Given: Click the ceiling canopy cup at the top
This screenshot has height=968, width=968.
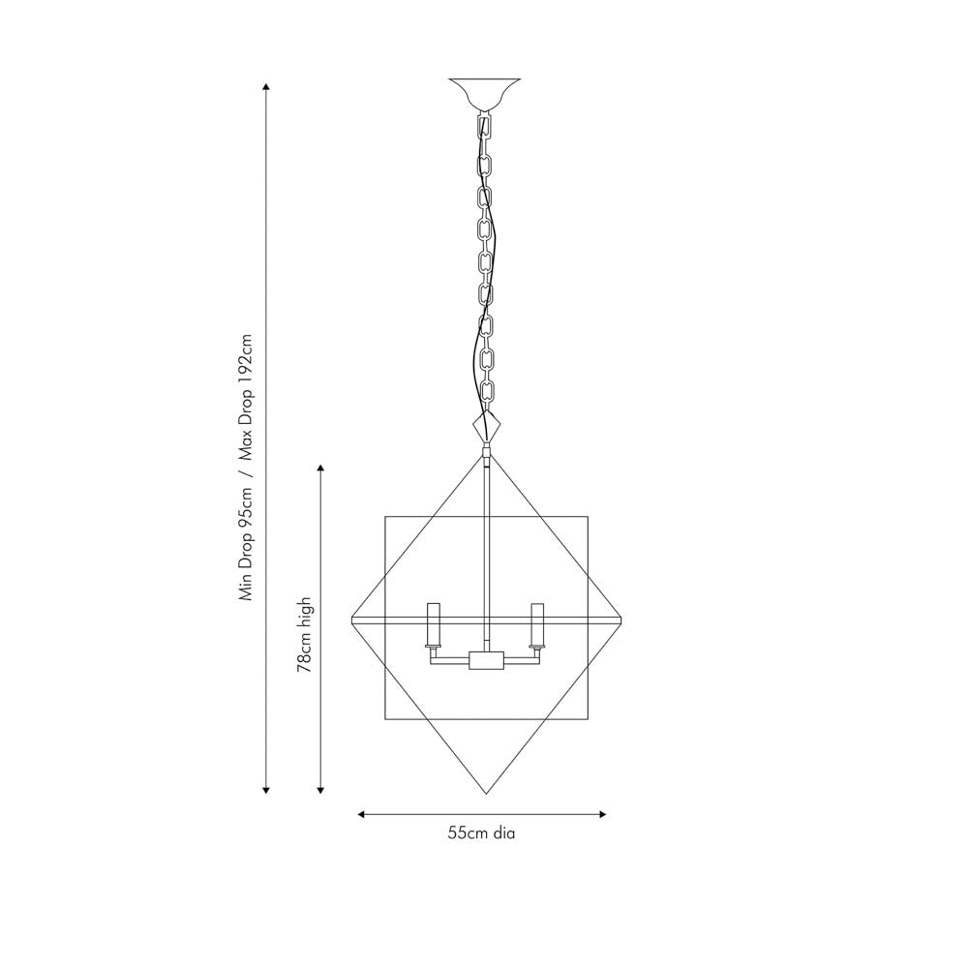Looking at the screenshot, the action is point(485,93).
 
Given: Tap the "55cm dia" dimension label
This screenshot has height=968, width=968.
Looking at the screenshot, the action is point(481,832).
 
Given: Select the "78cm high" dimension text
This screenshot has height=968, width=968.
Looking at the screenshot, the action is point(306,635).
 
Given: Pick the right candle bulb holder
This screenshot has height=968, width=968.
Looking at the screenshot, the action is point(537,624).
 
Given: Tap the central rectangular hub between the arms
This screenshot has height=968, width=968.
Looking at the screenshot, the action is point(486,660).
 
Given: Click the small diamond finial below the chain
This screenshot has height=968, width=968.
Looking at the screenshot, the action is point(485,426).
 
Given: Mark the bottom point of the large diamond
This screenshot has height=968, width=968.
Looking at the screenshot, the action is point(486,794).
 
